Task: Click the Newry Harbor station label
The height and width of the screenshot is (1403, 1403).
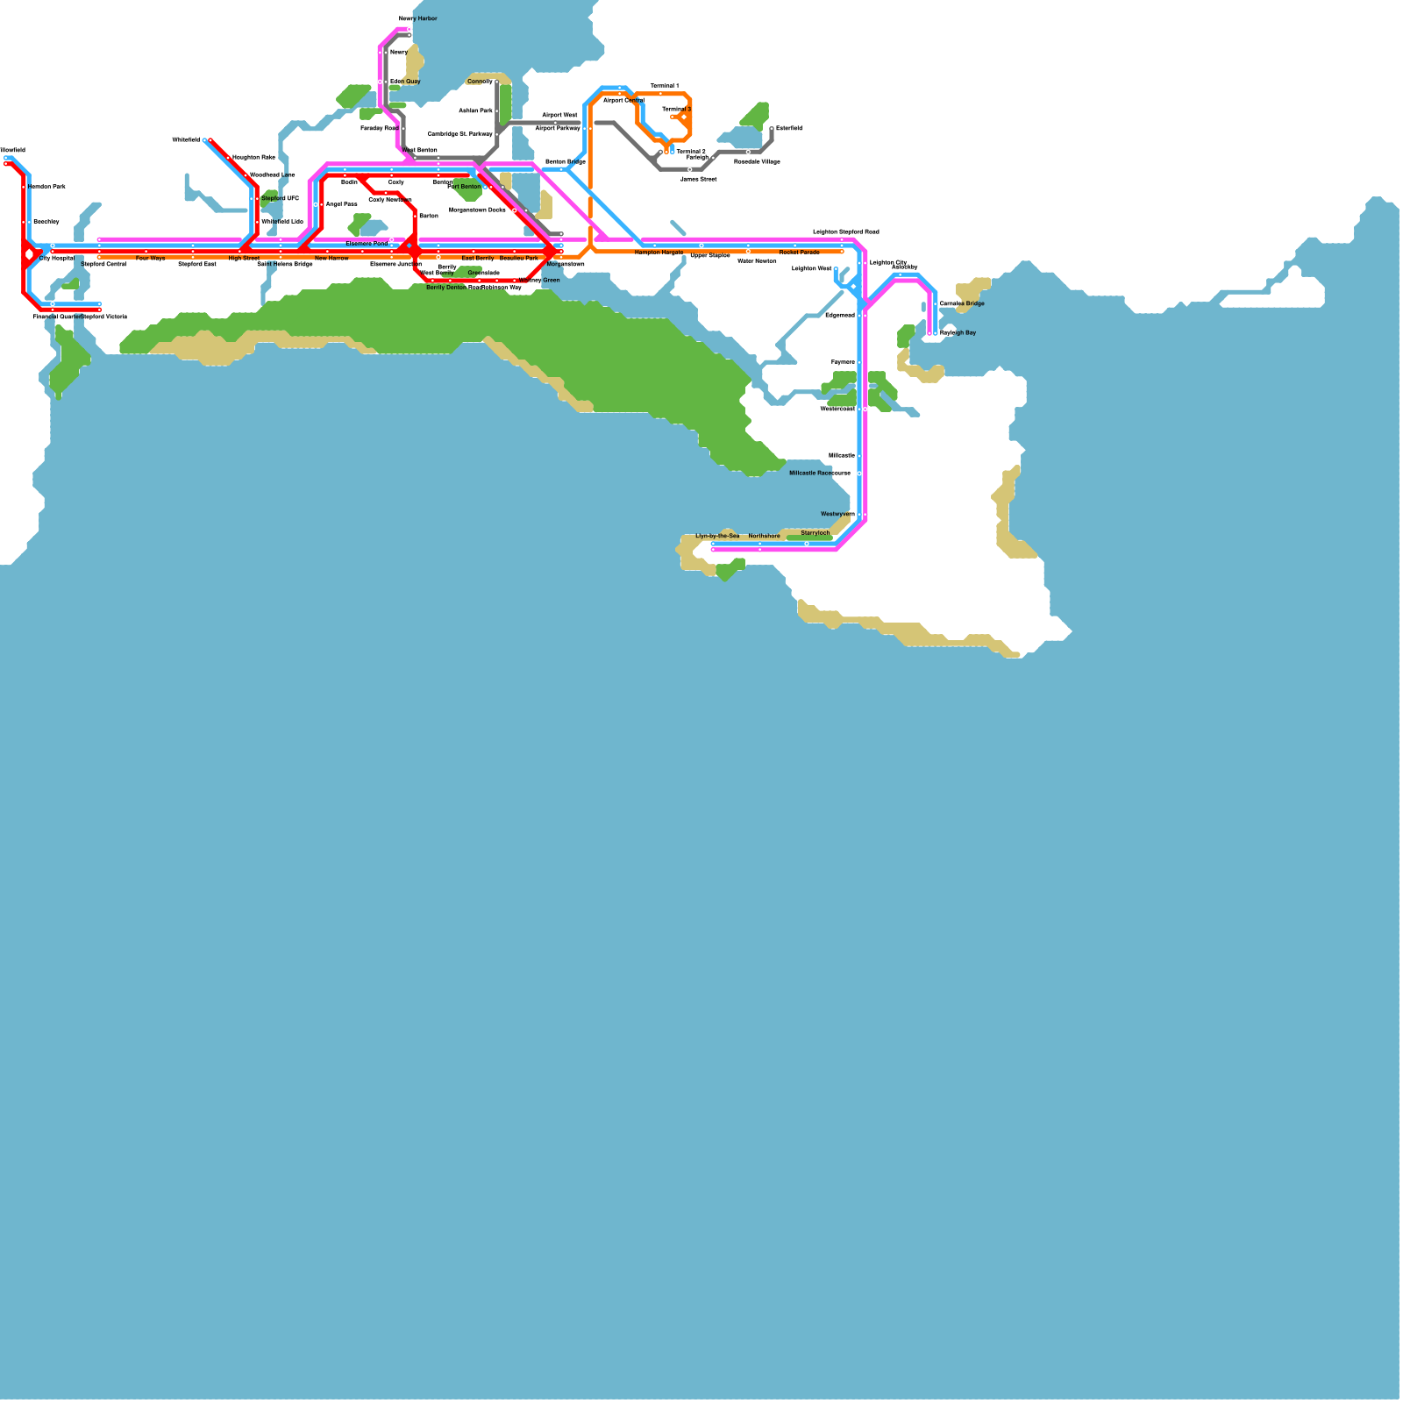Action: tap(417, 18)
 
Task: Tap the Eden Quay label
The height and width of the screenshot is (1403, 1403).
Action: tap(405, 82)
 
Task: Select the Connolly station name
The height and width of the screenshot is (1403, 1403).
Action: tap(480, 82)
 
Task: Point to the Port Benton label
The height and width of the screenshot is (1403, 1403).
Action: tap(464, 187)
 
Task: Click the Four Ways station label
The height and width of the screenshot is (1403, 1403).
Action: tap(150, 259)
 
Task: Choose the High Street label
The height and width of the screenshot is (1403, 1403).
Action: tap(244, 259)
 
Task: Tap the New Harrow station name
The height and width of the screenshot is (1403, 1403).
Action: tap(331, 259)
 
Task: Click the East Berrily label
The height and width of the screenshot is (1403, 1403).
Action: tap(478, 259)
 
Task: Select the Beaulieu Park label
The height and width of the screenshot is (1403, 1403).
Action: tap(519, 259)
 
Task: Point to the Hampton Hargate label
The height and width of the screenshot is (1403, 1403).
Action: tap(659, 253)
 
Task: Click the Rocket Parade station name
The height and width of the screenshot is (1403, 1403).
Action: tap(799, 253)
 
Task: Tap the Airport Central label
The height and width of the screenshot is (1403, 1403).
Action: tap(623, 101)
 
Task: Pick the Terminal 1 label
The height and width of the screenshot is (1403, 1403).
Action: tap(664, 86)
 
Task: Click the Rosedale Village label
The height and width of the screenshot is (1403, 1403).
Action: tap(757, 162)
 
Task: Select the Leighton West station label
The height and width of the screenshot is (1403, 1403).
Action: tap(811, 268)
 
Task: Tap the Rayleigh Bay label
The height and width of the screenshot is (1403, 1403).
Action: tap(958, 333)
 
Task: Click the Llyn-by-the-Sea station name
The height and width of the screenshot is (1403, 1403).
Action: tap(717, 536)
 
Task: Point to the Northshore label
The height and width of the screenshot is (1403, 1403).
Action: tap(764, 536)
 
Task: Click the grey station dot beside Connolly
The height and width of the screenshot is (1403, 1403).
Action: tap(497, 82)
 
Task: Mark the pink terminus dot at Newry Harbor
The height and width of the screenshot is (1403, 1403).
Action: tap(409, 29)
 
